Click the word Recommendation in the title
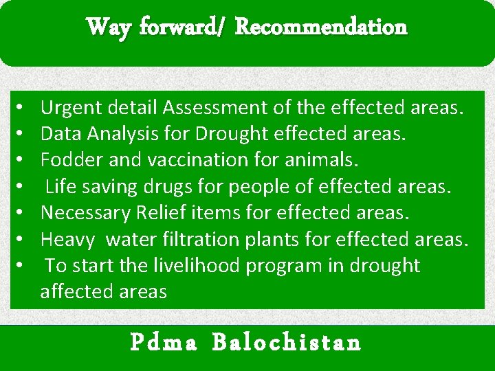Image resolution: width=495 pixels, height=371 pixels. point(321,27)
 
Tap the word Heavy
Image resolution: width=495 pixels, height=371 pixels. point(67,239)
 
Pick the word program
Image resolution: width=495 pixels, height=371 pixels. point(306,265)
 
